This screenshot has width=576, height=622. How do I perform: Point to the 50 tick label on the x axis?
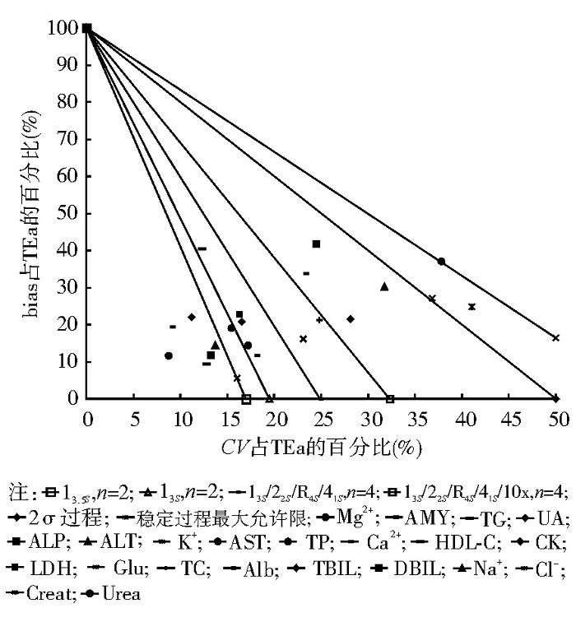558,418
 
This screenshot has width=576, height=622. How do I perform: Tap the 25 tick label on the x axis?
323,418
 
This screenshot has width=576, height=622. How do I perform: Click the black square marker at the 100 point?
86,29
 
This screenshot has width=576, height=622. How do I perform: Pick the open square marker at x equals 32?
390,399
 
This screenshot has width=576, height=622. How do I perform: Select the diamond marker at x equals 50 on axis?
557,399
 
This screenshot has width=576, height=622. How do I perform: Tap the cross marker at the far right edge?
555,337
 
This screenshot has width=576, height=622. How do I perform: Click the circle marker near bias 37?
441,262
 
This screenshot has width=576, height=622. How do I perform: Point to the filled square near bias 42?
316,244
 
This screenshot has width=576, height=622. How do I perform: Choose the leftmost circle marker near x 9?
169,355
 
